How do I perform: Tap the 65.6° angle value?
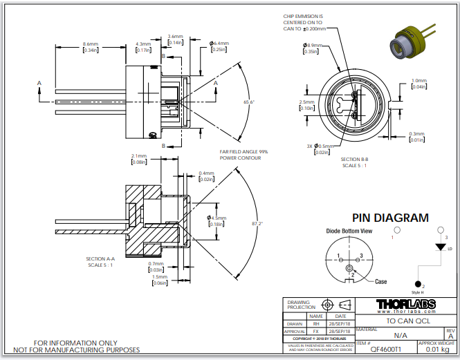click(x=249, y=102)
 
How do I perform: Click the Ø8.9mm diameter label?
click(x=310, y=46)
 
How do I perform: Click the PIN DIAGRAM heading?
click(x=390, y=218)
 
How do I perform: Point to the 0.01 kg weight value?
click(x=436, y=350)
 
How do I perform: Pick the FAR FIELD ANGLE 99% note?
click(x=243, y=153)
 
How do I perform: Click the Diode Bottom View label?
click(x=349, y=230)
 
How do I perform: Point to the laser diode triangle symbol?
click(x=438, y=246)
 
